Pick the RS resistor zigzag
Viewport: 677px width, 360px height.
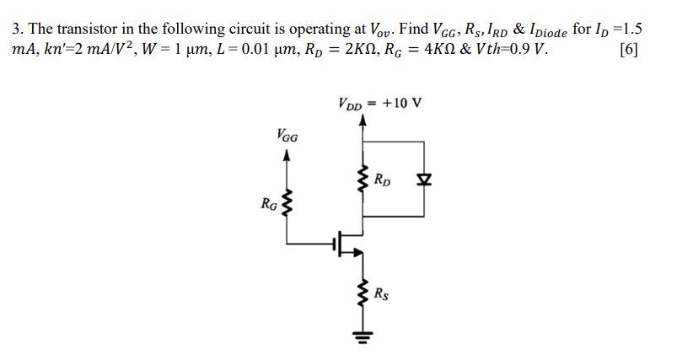click(x=363, y=295)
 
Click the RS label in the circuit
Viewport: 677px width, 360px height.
click(x=382, y=294)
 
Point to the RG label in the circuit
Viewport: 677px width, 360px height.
click(x=268, y=203)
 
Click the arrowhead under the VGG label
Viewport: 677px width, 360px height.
click(x=287, y=155)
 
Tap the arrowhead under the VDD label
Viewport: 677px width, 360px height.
click(x=363, y=121)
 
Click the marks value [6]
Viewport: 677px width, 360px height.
click(x=628, y=49)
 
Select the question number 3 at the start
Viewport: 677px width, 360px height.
click(x=17, y=28)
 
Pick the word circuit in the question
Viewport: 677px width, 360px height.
click(x=253, y=28)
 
